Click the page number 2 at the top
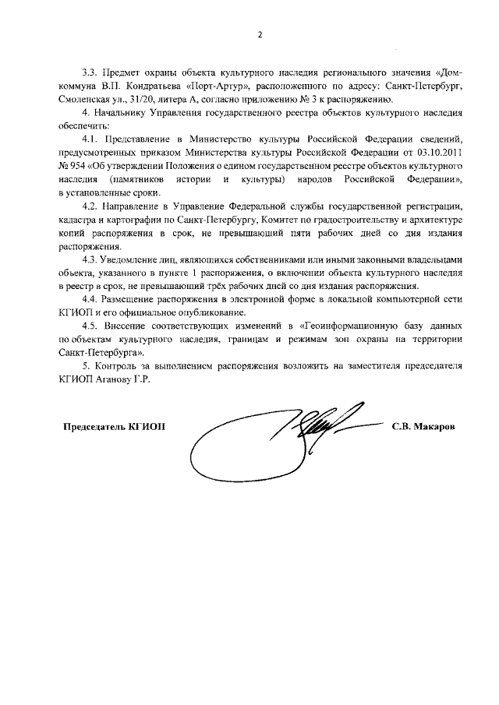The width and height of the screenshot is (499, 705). click(260, 35)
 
